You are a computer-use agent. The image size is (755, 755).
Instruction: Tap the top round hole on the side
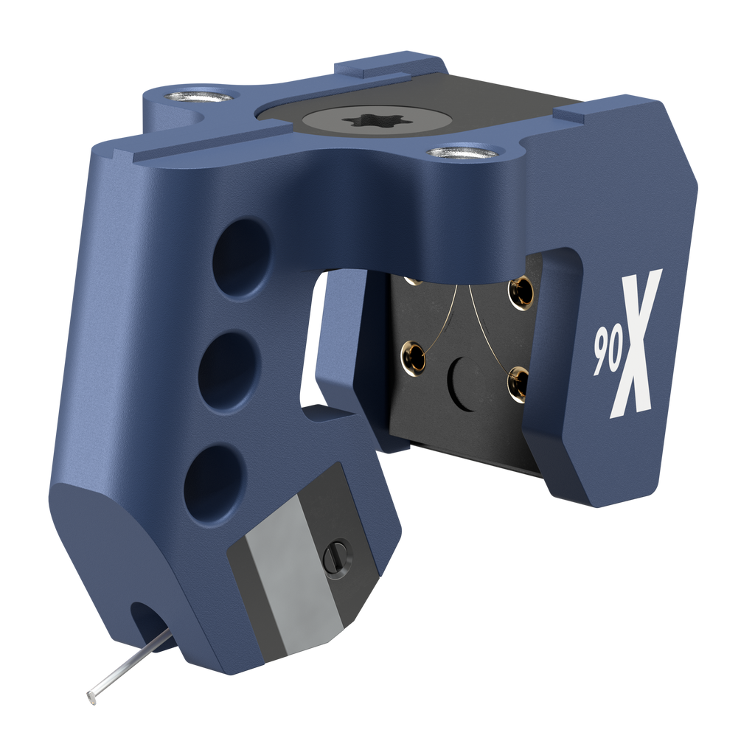click(x=241, y=256)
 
